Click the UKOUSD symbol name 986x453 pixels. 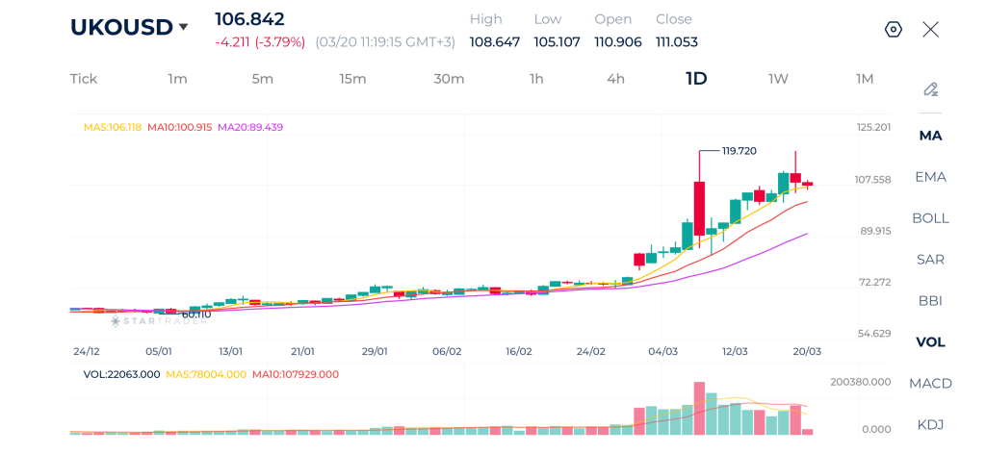tap(121, 27)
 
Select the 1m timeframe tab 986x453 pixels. tap(177, 79)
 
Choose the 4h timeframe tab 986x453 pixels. tap(615, 79)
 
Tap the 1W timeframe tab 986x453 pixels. tap(778, 79)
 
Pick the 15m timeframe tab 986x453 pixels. tap(352, 79)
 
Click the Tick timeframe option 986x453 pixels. tap(84, 79)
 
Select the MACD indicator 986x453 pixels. tap(930, 384)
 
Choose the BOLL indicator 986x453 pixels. tap(930, 218)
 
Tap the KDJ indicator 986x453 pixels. tap(930, 425)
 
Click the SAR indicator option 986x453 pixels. tap(930, 260)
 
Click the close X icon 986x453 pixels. tap(930, 29)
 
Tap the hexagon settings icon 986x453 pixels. tap(893, 29)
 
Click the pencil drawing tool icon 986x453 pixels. tap(930, 89)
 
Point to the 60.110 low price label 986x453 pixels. tap(196, 314)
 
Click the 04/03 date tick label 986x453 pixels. tap(662, 352)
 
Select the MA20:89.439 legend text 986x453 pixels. tap(250, 127)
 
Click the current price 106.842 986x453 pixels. tap(249, 19)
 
